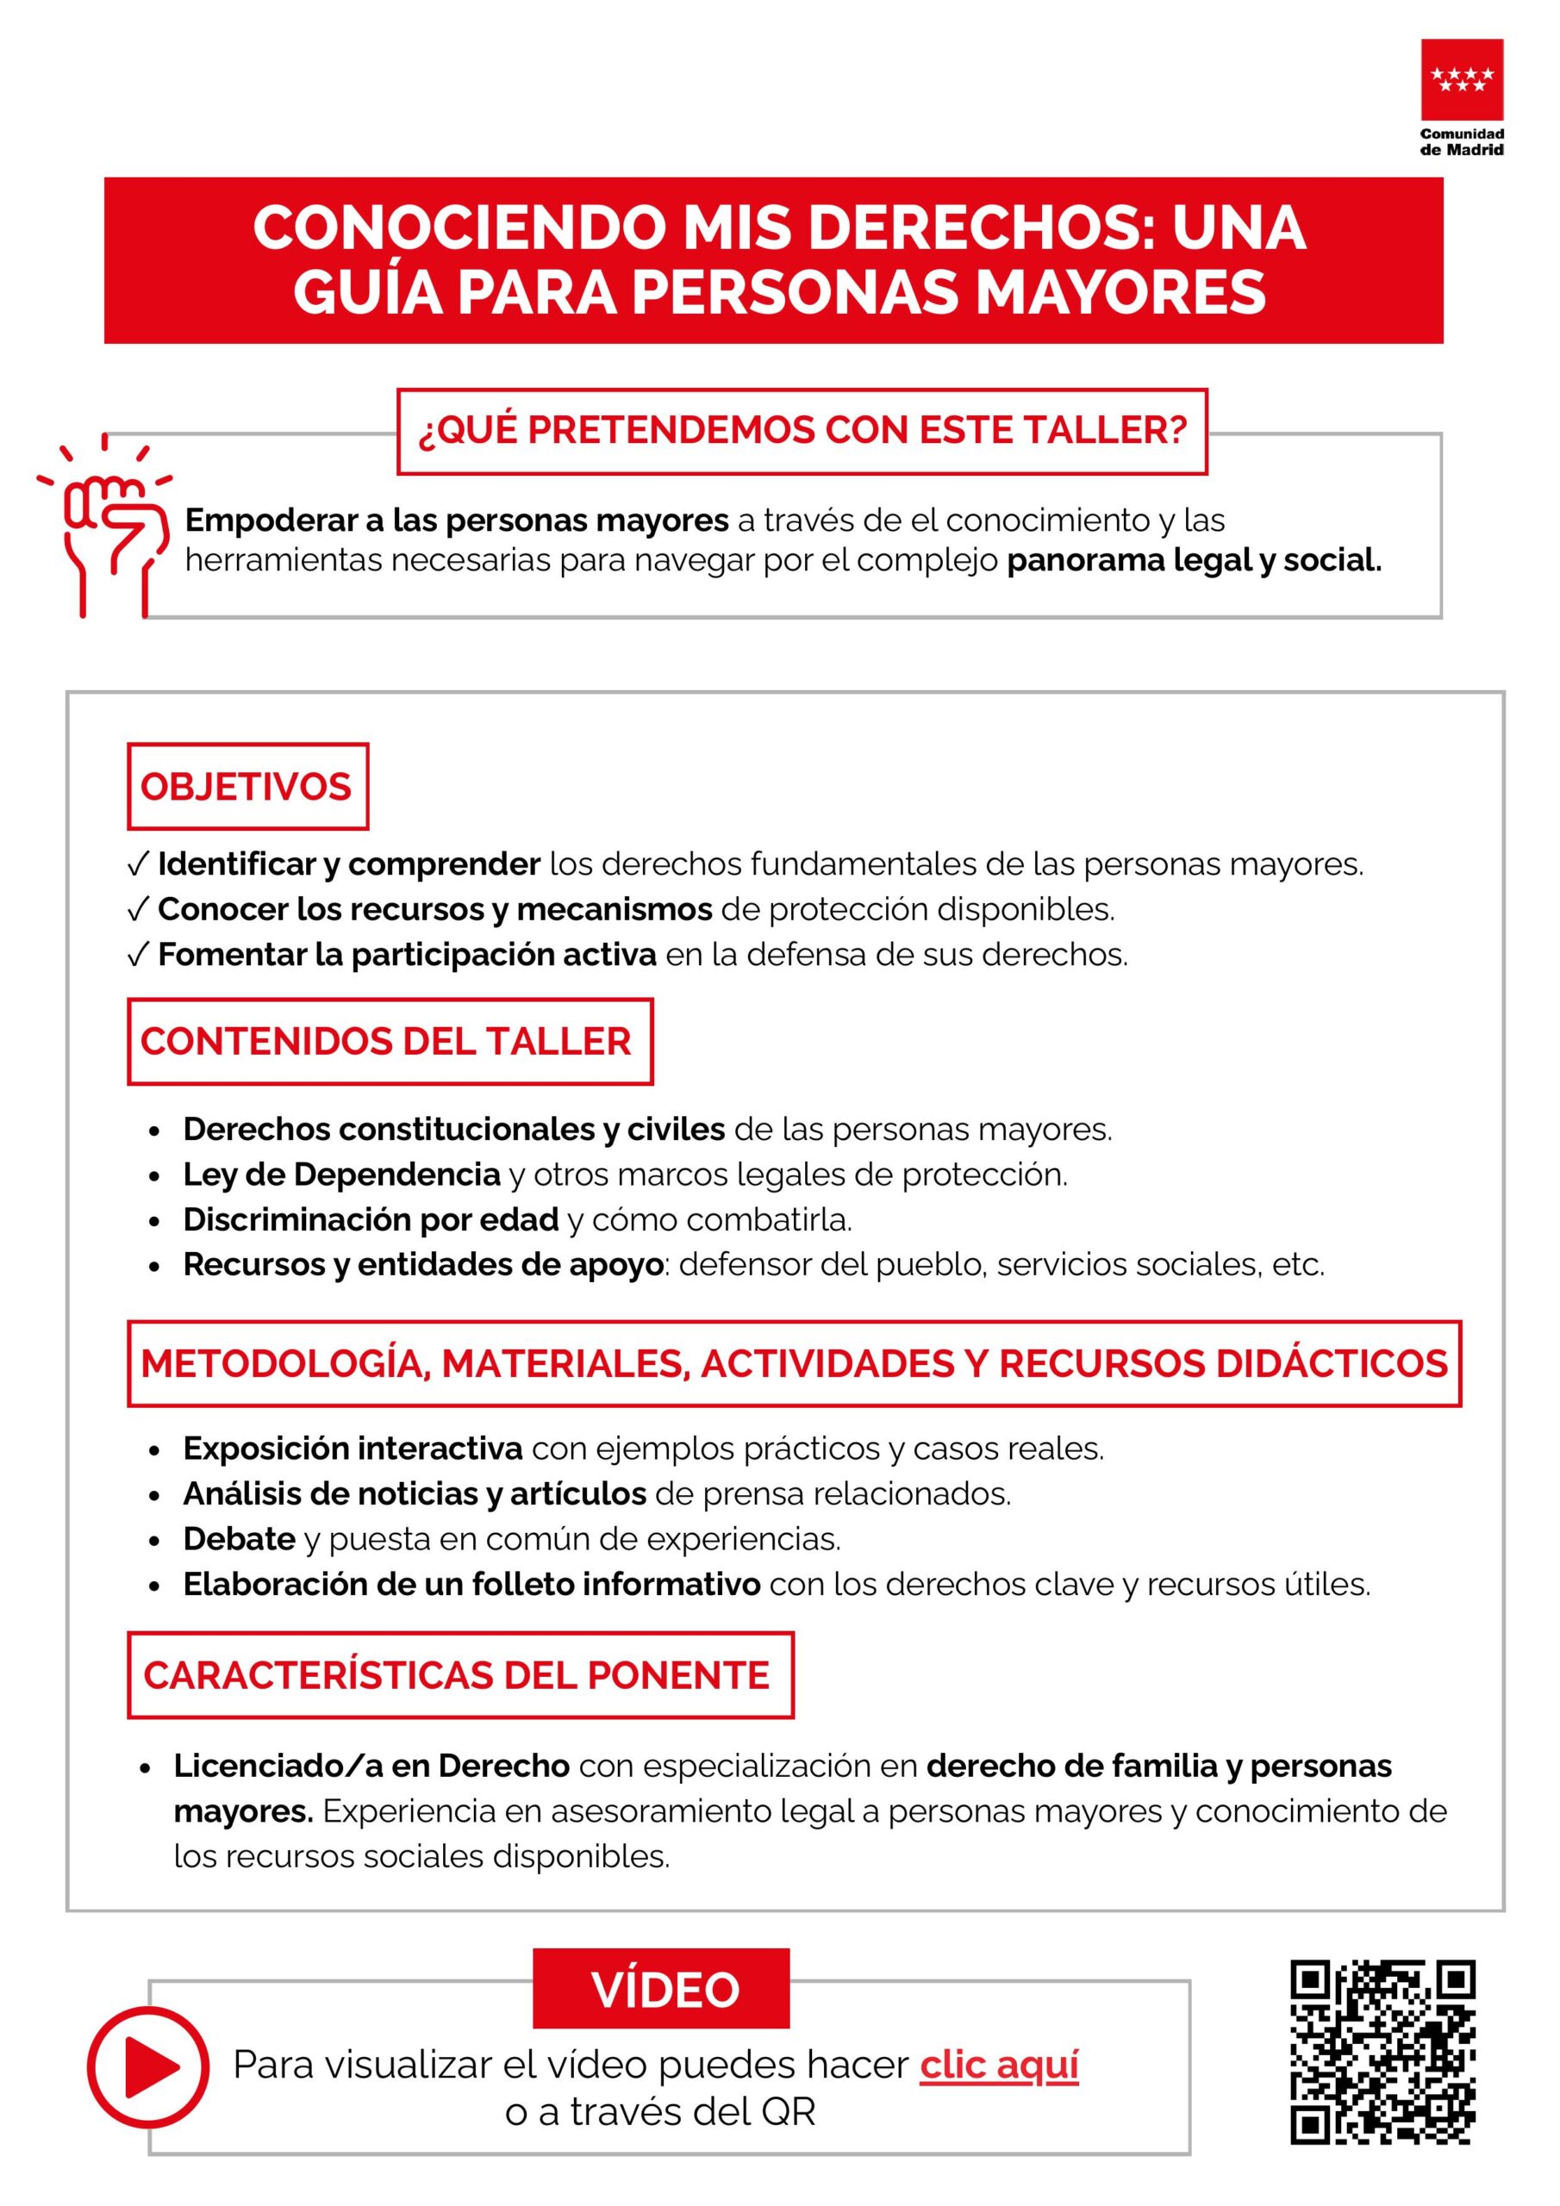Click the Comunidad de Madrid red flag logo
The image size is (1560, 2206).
pos(1462,80)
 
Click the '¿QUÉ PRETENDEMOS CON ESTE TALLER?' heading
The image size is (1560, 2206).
pos(802,431)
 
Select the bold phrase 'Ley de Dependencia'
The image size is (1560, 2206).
pos(342,1175)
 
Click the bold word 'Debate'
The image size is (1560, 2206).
pos(240,1539)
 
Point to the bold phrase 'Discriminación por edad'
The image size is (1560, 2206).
pos(371,1219)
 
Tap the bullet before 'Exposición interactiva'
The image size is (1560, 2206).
pos(153,1450)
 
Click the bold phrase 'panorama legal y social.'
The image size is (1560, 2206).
pos(1194,559)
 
